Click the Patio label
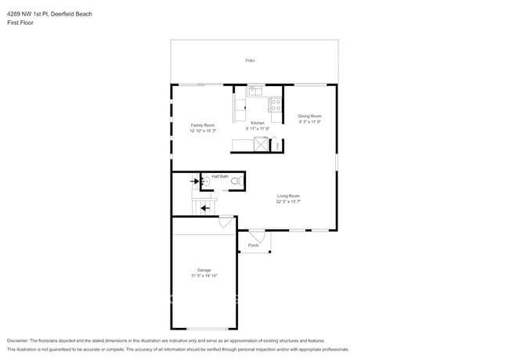pyautogui.click(x=250, y=60)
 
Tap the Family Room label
pyautogui.click(x=203, y=125)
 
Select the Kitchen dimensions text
pyautogui.click(x=257, y=129)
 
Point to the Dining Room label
pyautogui.click(x=309, y=117)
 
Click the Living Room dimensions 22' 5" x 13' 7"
pyautogui.click(x=288, y=201)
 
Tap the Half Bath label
pyautogui.click(x=220, y=177)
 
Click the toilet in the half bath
pyautogui.click(x=235, y=182)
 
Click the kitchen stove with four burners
pyautogui.click(x=275, y=103)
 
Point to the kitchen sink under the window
pyautogui.click(x=255, y=92)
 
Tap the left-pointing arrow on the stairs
pyautogui.click(x=204, y=208)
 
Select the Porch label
pyautogui.click(x=253, y=246)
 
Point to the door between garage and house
pyautogui.click(x=226, y=223)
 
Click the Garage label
pyautogui.click(x=204, y=270)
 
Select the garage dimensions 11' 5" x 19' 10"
pyautogui.click(x=204, y=275)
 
